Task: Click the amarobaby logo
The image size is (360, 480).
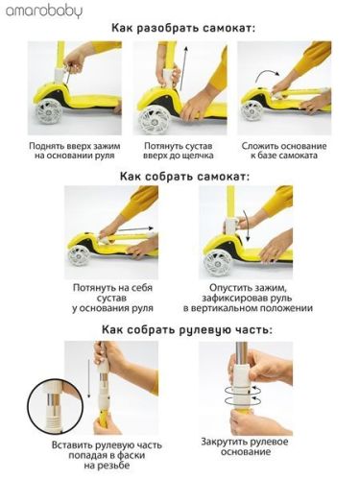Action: click(43, 12)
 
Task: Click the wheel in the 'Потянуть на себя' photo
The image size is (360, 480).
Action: click(81, 253)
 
